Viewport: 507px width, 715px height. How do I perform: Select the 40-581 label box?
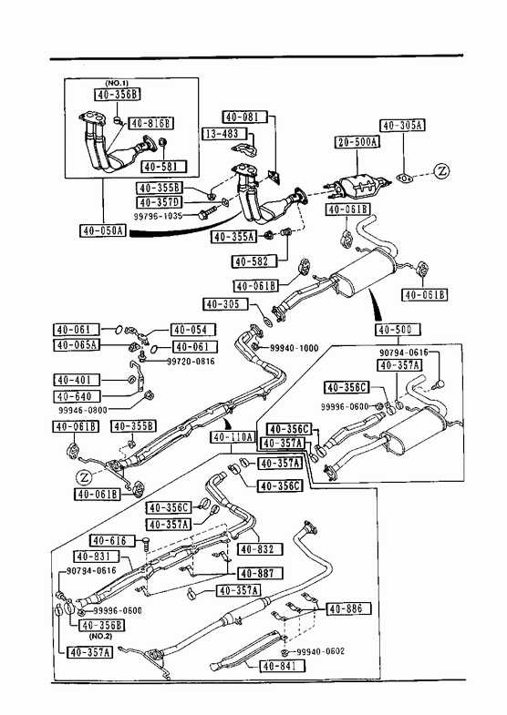coord(164,167)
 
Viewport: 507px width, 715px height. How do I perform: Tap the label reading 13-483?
coord(224,134)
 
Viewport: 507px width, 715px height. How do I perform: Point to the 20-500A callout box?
coord(358,142)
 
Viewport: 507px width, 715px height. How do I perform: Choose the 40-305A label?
coord(402,126)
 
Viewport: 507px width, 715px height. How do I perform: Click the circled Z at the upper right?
coord(441,171)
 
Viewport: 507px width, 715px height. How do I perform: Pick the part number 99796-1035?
coord(158,216)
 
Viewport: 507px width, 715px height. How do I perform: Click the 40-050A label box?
coord(103,230)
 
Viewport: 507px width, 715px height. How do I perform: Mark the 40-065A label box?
coord(77,344)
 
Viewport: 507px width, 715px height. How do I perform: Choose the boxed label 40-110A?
coord(233,437)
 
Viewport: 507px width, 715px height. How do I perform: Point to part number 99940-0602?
coord(320,651)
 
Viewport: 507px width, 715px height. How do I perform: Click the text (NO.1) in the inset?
coord(117,83)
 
